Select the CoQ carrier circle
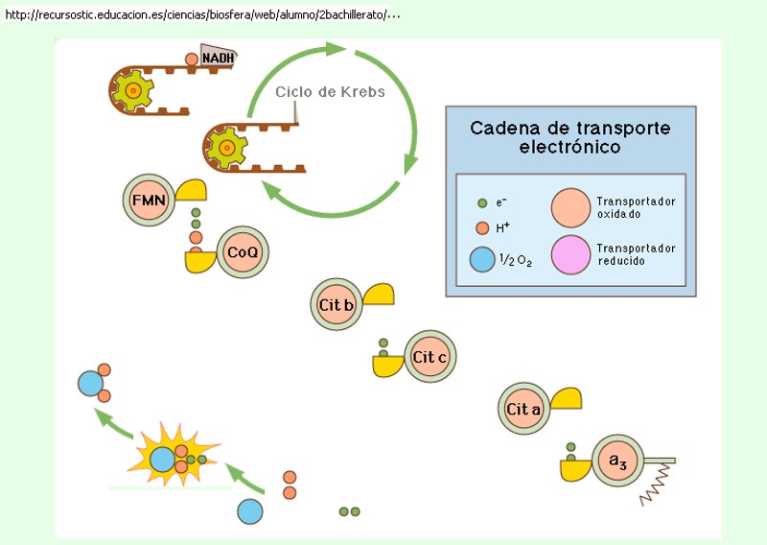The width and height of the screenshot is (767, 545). coord(242,252)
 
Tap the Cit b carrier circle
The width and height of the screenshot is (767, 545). coord(337,306)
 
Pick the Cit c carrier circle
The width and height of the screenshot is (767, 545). coord(430,358)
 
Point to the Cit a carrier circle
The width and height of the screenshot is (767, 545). coord(524,410)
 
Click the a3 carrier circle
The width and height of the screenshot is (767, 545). coord(617,462)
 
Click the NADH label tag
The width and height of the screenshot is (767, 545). coord(218,57)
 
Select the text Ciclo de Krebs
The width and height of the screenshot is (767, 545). coord(330,92)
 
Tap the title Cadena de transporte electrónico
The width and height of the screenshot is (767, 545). coord(569,137)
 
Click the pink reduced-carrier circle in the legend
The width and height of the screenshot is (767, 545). coord(571,254)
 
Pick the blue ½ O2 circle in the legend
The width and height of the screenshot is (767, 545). coord(482,259)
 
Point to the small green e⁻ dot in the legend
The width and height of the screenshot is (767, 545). coord(482,203)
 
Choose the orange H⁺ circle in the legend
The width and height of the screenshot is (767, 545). coord(482,228)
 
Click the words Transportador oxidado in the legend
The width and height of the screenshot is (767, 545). coord(636,207)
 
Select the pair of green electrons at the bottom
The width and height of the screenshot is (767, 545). coord(349,511)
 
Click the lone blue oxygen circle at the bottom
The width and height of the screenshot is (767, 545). coord(250,511)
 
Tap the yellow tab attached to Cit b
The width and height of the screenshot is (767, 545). coord(377,296)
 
